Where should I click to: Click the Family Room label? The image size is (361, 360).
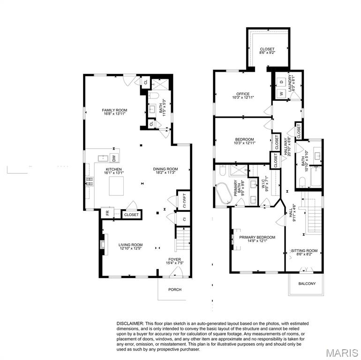click(114, 111)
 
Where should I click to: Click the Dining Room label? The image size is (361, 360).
click(165, 169)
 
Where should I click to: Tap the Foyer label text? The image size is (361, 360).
click(174, 259)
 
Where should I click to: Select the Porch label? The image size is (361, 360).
click(174, 289)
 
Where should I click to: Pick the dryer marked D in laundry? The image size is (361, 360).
click(281, 82)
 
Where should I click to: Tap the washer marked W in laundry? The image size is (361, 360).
click(281, 94)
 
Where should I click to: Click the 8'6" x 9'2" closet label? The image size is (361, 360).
click(267, 51)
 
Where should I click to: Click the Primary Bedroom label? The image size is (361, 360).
click(257, 238)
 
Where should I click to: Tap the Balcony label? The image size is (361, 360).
click(307, 284)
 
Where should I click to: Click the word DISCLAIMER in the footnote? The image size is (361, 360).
click(130, 323)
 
